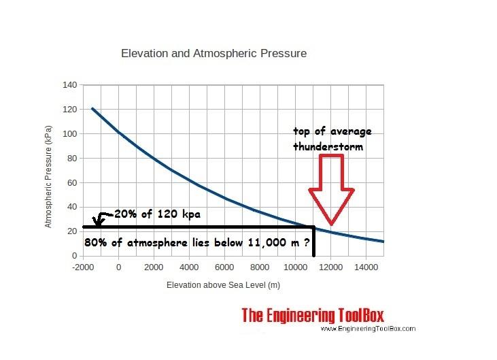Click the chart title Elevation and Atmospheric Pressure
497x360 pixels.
pyautogui.click(x=213, y=52)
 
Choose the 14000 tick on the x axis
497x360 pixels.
pyautogui.click(x=365, y=266)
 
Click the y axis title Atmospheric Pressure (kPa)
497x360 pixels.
pyautogui.click(x=50, y=171)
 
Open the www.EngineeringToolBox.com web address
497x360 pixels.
pyautogui.click(x=367, y=329)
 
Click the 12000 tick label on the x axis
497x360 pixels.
pyautogui.click(x=330, y=266)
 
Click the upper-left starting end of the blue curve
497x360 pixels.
pyautogui.click(x=92, y=108)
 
